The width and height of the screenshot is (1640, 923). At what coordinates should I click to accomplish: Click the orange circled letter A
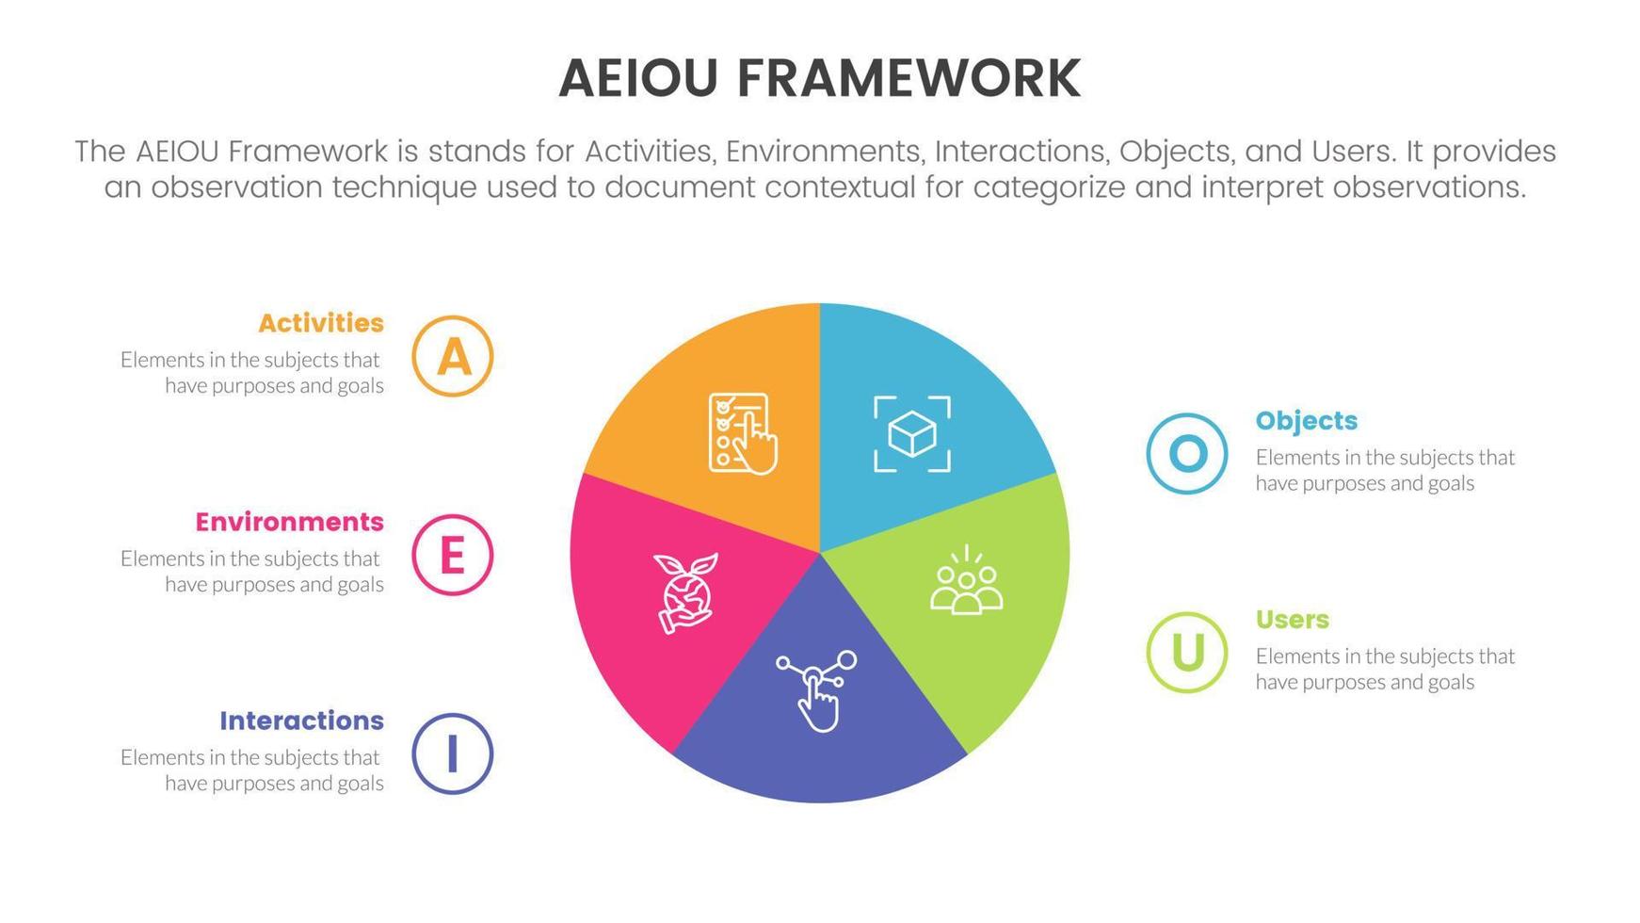pyautogui.click(x=452, y=356)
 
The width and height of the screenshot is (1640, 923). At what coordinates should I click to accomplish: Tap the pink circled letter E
pyautogui.click(x=452, y=555)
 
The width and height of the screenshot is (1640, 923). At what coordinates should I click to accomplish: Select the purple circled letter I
pyautogui.click(x=452, y=753)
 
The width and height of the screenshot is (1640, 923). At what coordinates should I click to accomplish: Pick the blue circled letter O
pyautogui.click(x=1187, y=454)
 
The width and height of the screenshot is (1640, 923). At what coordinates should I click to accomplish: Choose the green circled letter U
pyautogui.click(x=1187, y=653)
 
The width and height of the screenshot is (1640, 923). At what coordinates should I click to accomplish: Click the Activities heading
pyautogui.click(x=321, y=323)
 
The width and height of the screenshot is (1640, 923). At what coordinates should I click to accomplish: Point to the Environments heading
pyautogui.click(x=289, y=522)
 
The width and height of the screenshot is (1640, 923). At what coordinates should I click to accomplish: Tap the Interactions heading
pyautogui.click(x=301, y=721)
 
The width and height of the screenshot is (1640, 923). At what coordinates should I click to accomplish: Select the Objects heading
pyautogui.click(x=1307, y=421)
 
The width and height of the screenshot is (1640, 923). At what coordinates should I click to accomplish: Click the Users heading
pyautogui.click(x=1293, y=620)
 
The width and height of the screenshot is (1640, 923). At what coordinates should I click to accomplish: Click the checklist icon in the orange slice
pyautogui.click(x=742, y=433)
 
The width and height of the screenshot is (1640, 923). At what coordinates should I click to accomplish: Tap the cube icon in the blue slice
pyautogui.click(x=911, y=434)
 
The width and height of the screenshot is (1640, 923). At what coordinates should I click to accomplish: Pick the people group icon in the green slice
pyautogui.click(x=966, y=581)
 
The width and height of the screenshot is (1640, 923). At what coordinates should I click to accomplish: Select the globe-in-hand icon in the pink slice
pyautogui.click(x=685, y=592)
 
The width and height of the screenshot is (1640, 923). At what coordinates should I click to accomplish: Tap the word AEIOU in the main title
pyautogui.click(x=638, y=78)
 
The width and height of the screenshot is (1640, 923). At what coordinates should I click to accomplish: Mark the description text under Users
pyautogui.click(x=1385, y=669)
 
